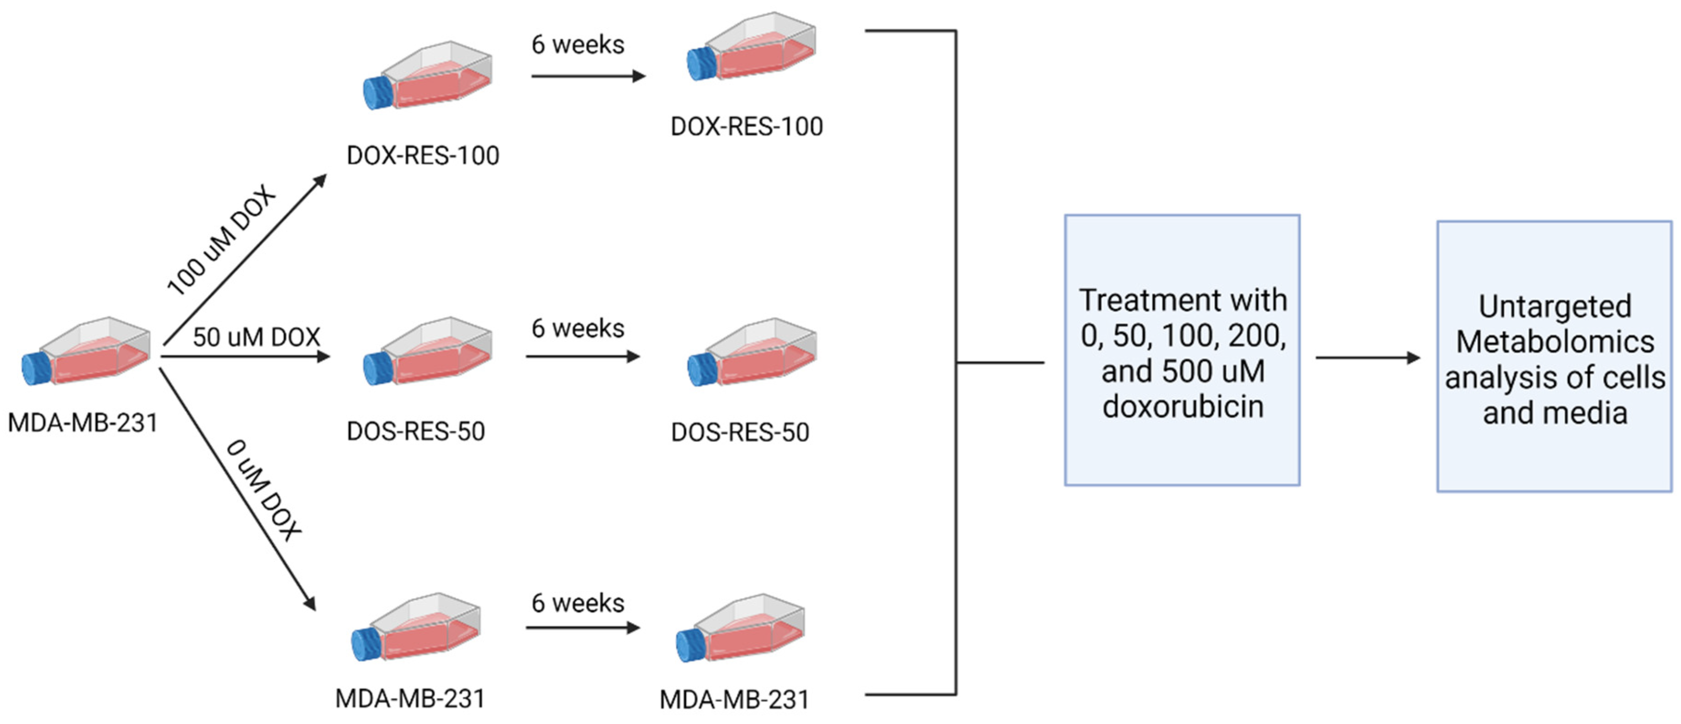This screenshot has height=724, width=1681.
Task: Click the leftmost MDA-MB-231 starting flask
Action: [88, 352]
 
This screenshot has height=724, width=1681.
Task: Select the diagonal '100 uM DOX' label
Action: [221, 240]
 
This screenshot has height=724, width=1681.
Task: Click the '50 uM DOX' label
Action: [256, 337]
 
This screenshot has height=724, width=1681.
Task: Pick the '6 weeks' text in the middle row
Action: [578, 328]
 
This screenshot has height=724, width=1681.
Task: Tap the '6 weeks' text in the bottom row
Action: [578, 603]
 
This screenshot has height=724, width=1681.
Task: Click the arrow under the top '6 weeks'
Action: [587, 76]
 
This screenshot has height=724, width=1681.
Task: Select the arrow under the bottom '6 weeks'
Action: [582, 628]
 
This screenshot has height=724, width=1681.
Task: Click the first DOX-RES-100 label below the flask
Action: [423, 156]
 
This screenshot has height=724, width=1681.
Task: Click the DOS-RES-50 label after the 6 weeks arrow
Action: [740, 432]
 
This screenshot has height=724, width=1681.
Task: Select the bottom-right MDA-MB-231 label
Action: [734, 700]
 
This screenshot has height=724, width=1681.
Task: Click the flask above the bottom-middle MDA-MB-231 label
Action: [416, 628]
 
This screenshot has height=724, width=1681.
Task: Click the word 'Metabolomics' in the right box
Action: [1555, 342]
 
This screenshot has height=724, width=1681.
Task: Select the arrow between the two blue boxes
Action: [1368, 358]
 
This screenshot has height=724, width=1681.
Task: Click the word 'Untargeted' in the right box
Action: [1555, 306]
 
